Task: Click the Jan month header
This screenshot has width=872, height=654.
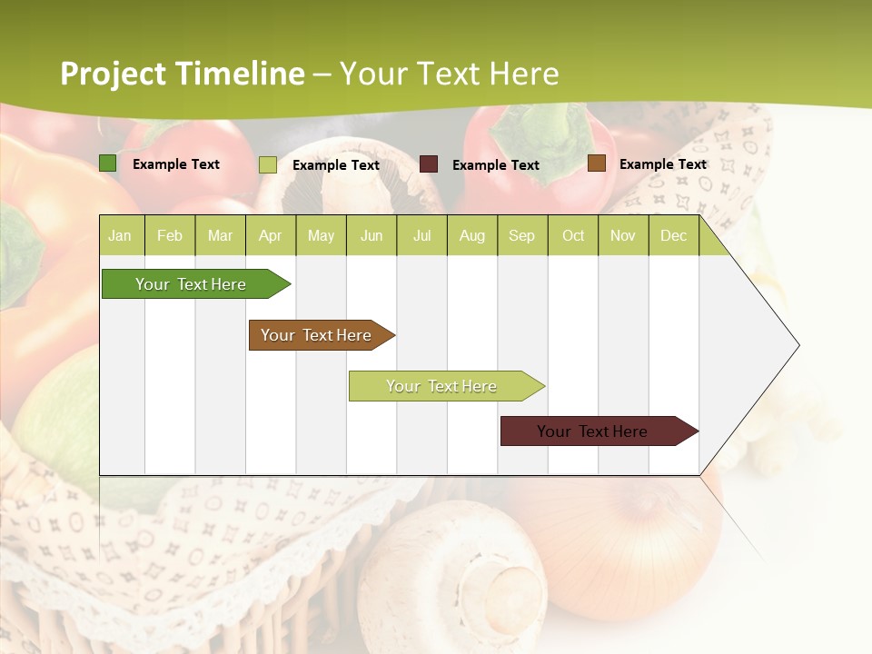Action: click(x=120, y=236)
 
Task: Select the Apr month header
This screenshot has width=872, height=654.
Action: click(x=270, y=236)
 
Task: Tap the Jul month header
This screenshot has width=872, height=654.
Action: click(x=421, y=236)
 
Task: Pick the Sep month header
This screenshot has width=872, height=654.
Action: click(x=521, y=236)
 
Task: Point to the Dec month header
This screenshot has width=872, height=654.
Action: click(x=673, y=236)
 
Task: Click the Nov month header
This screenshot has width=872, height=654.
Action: click(x=622, y=236)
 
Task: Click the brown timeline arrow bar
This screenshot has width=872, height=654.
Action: click(x=319, y=335)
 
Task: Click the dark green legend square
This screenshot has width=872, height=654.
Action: click(x=108, y=163)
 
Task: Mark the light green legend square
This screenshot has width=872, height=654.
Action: click(x=268, y=164)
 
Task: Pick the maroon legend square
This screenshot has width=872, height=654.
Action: click(x=429, y=164)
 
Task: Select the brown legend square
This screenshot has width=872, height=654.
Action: click(x=597, y=163)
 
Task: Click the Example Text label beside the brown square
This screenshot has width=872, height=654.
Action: click(x=662, y=164)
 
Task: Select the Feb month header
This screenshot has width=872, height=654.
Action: click(x=170, y=236)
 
